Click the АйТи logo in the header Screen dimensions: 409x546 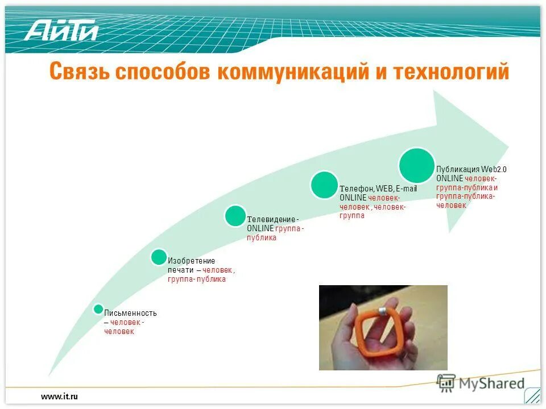61,30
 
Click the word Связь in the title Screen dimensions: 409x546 78,73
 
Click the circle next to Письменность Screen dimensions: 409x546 98,309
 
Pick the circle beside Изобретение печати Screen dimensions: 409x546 159,257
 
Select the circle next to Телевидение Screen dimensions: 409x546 235,216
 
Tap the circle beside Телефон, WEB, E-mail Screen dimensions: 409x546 324,185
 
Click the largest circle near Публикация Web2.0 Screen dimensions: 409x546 416,166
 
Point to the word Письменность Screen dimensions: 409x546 130,313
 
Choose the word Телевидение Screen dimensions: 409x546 271,219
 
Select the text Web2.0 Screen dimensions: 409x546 494,169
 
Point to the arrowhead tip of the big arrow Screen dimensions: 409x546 507,143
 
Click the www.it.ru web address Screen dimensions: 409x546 59,396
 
